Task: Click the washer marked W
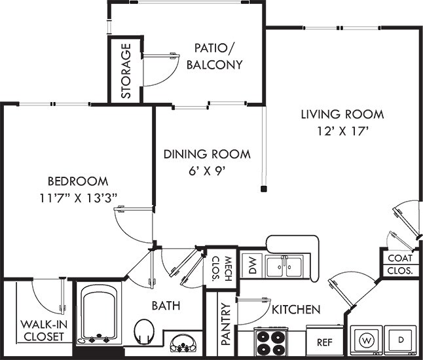(366, 340)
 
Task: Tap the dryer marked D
(401, 340)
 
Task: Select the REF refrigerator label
(325, 342)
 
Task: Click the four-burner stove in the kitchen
(271, 342)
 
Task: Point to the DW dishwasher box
(251, 265)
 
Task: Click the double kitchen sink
(284, 266)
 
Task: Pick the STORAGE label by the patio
(126, 71)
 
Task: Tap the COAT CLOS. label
(400, 264)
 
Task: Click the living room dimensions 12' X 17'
(342, 132)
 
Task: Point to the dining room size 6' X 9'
(207, 171)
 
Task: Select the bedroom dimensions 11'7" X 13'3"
(78, 198)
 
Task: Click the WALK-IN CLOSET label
(43, 331)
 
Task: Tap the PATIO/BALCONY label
(215, 57)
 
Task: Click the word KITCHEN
(296, 310)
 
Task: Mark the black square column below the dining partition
(264, 189)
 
